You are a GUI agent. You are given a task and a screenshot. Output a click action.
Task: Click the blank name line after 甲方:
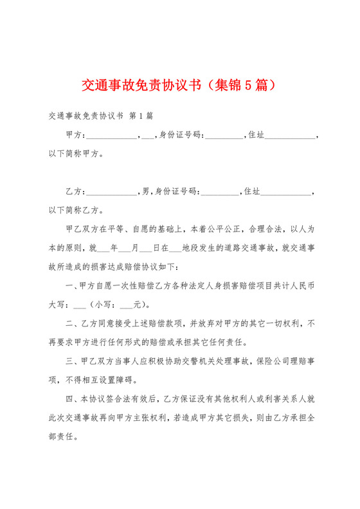pos(111,137)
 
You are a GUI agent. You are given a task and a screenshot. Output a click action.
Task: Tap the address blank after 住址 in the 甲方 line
pos(290,137)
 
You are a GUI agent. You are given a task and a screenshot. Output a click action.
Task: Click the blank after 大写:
pos(80,304)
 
